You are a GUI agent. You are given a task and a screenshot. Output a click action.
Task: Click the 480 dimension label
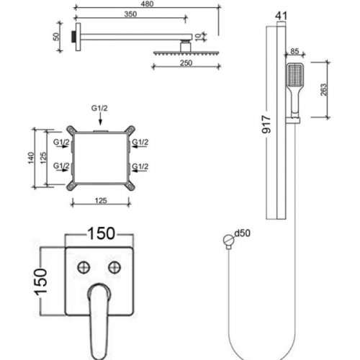pyautogui.click(x=147, y=4)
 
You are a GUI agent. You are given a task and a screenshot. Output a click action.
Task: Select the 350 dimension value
pyautogui.click(x=130, y=14)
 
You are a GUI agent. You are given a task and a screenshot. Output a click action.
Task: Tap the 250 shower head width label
pyautogui.click(x=186, y=63)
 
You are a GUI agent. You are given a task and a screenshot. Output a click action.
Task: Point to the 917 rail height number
pyautogui.click(x=266, y=124)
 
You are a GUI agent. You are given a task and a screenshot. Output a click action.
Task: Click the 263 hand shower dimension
pyautogui.click(x=324, y=90)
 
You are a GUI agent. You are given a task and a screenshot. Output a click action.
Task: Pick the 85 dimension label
pyautogui.click(x=294, y=51)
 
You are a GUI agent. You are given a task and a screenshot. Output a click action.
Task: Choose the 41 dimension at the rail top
pyautogui.click(x=281, y=16)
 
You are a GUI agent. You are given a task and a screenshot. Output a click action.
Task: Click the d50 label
pyautogui.click(x=242, y=233)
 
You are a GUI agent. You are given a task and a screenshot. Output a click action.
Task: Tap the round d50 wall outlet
pyautogui.click(x=228, y=240)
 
